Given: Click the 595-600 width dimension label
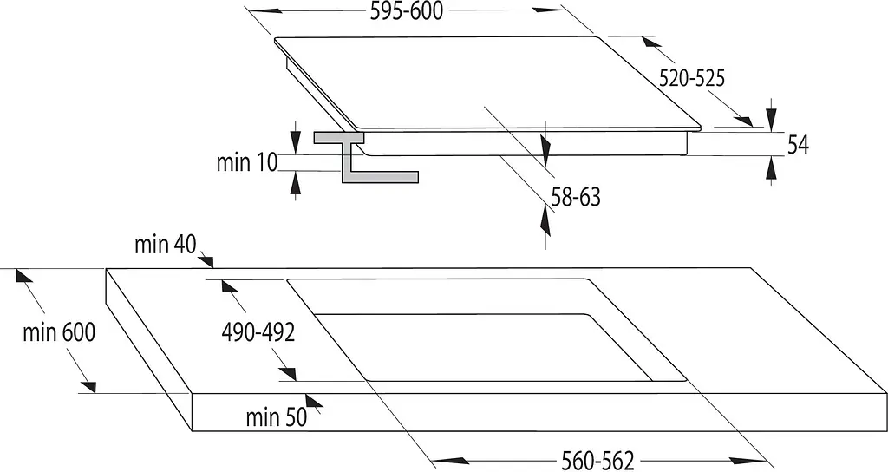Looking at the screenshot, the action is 406,11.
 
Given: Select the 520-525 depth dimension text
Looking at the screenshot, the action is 691,78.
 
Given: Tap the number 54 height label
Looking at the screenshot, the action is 798,145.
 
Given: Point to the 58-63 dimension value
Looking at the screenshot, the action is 576,197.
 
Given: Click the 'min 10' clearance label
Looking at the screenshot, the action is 247,162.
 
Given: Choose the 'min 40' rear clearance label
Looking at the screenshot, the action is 166,245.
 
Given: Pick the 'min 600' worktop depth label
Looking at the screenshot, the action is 59,332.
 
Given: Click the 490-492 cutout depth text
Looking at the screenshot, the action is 258,332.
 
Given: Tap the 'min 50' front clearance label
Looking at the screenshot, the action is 277,417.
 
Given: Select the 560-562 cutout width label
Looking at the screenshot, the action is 597,460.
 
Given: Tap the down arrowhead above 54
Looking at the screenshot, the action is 771,121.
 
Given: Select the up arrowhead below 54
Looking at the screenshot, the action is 771,168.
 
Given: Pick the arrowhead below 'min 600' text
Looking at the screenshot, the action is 88,386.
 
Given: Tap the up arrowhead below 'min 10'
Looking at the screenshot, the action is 295,184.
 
